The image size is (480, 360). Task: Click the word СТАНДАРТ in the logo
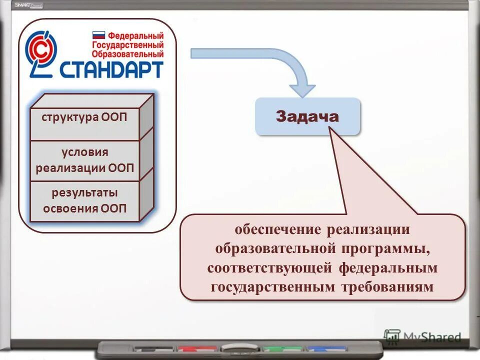click(x=111, y=69)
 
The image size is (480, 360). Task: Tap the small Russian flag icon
click(x=98, y=35)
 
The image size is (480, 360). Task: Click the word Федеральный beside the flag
click(x=135, y=36)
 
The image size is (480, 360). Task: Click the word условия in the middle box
click(x=84, y=152)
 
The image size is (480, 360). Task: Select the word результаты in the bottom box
click(x=84, y=192)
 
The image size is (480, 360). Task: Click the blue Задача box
click(x=307, y=116)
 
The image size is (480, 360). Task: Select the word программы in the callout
click(x=384, y=248)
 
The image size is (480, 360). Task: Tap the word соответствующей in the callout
click(x=269, y=268)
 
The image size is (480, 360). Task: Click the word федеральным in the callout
click(x=388, y=268)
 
